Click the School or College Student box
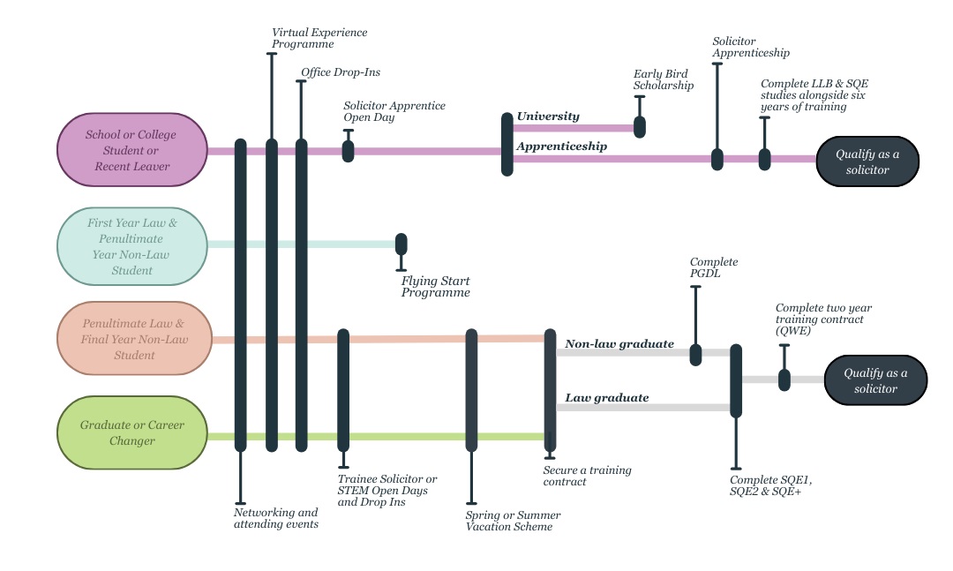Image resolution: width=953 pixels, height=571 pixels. (x=131, y=150)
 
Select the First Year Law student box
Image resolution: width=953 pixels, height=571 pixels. (x=131, y=246)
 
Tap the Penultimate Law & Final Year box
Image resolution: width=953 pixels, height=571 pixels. (x=134, y=339)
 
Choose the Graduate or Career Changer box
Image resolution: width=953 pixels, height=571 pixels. (x=131, y=432)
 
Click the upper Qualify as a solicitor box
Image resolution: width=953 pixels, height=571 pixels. (x=867, y=162)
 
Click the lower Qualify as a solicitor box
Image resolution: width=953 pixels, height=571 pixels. (x=875, y=380)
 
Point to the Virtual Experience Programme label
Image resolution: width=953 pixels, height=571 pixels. (x=319, y=38)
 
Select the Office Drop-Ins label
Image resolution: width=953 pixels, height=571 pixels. (x=341, y=72)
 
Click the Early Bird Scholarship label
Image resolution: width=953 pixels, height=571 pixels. (x=664, y=79)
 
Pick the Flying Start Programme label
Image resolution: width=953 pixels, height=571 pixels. (x=436, y=286)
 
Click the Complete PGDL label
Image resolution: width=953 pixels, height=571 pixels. (x=714, y=267)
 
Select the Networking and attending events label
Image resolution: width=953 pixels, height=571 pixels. (x=275, y=518)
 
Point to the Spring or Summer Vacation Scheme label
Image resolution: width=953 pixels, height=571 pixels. (x=513, y=521)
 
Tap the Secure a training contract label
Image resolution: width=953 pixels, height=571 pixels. (x=587, y=476)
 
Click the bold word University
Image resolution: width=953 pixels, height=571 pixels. (x=548, y=116)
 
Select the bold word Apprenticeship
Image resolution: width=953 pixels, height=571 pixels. (x=562, y=147)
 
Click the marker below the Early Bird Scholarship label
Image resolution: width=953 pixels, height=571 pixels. (x=640, y=126)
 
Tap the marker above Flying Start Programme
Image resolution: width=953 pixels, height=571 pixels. (x=401, y=244)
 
